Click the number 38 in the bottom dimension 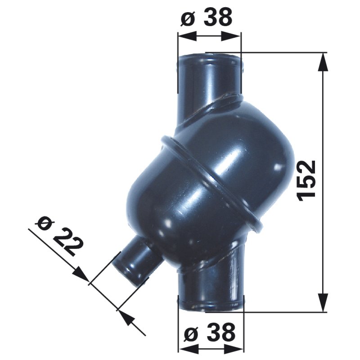[x=220, y=333]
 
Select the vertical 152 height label [x=307, y=179]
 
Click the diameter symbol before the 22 [x=45, y=221]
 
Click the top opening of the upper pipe [x=210, y=58]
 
